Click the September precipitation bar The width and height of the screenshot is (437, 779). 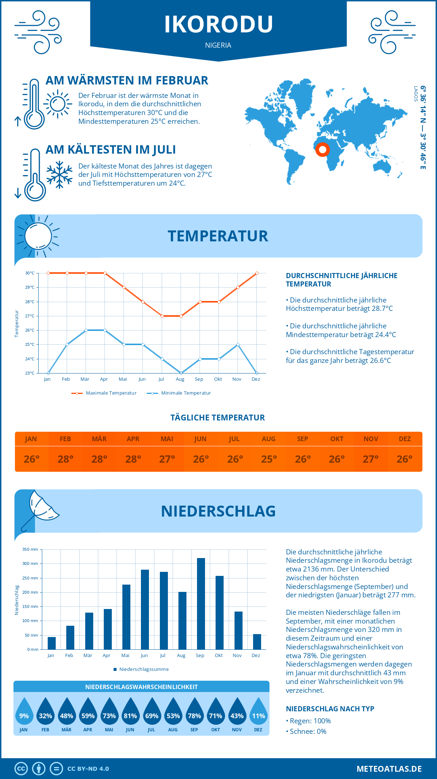[201, 604]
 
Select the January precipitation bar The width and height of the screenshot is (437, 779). [52, 643]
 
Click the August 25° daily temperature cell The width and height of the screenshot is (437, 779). [269, 459]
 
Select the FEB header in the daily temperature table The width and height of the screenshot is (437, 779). [65, 439]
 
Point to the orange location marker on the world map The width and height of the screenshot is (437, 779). [322, 149]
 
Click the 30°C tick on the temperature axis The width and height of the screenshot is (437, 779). [30, 273]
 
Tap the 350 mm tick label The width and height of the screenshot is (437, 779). [30, 549]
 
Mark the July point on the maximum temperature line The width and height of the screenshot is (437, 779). [162, 316]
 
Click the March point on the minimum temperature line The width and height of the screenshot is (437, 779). [86, 330]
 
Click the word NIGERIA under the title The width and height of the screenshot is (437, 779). [218, 45]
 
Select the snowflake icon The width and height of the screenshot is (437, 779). [59, 174]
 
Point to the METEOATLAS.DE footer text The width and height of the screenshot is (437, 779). [389, 768]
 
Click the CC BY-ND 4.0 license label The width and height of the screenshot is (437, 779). [88, 768]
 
